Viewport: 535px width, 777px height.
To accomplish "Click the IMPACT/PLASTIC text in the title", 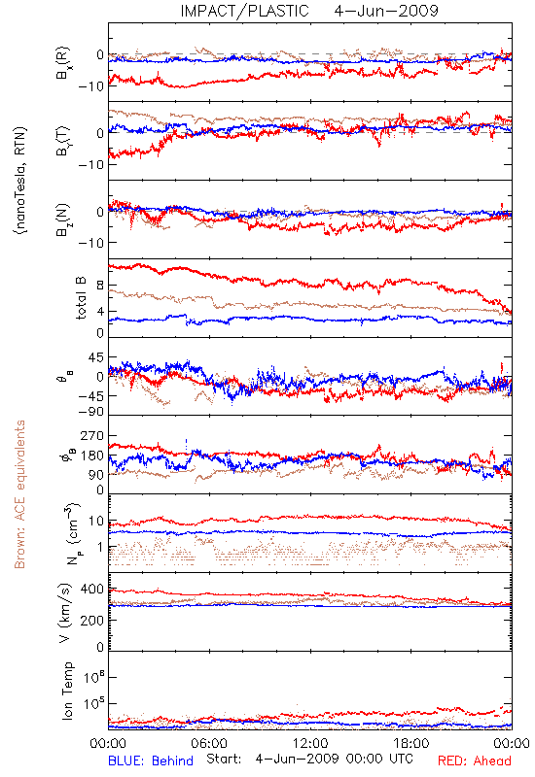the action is pyautogui.click(x=244, y=11).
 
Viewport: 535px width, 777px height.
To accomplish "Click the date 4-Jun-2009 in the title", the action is pyautogui.click(x=386, y=11).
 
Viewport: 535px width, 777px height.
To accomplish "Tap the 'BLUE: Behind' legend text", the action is pyautogui.click(x=151, y=760).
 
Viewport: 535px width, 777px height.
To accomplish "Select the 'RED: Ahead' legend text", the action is pyautogui.click(x=475, y=760).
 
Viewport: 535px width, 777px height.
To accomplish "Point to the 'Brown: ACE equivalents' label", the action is pyautogui.click(x=19, y=494).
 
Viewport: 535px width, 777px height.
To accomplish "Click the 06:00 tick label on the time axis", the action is pyautogui.click(x=209, y=743).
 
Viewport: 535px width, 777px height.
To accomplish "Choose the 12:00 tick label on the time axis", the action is pyautogui.click(x=310, y=743).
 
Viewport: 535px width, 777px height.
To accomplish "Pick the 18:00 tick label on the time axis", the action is pyautogui.click(x=411, y=743).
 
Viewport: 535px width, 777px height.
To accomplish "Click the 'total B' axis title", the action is pyautogui.click(x=81, y=298).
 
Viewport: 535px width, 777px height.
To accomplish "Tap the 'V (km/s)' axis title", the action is pyautogui.click(x=65, y=613).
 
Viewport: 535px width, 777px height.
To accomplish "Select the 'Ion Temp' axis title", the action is pyautogui.click(x=67, y=691).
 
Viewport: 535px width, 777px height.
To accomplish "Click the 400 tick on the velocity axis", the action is pyautogui.click(x=92, y=590).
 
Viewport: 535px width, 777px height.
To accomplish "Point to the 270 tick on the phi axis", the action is pyautogui.click(x=92, y=435).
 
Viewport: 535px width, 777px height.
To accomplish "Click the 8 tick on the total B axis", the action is pyautogui.click(x=100, y=286).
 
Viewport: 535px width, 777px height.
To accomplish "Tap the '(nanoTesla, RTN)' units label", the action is pyautogui.click(x=20, y=181).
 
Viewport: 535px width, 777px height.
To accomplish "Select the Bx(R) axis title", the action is pyautogui.click(x=63, y=63).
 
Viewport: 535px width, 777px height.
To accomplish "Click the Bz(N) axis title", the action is pyautogui.click(x=63, y=220).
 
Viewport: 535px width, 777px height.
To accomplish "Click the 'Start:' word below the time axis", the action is pyautogui.click(x=224, y=760).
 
